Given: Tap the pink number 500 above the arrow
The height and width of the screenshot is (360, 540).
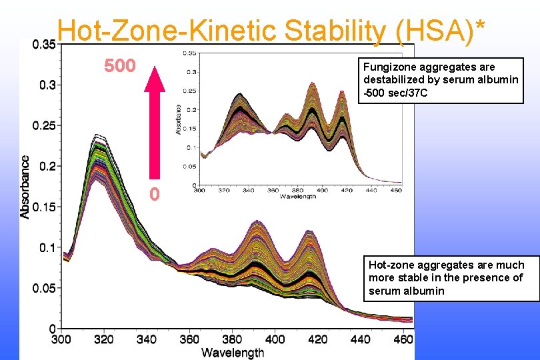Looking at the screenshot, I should (x=119, y=66).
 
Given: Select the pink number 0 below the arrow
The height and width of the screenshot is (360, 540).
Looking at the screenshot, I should (x=154, y=195).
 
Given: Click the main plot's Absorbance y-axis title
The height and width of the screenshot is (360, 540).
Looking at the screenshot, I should (x=25, y=187).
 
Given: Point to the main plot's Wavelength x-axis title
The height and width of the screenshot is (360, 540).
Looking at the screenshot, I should (x=233, y=353).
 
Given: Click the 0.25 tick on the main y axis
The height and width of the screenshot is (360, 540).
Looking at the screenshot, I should (x=45, y=125).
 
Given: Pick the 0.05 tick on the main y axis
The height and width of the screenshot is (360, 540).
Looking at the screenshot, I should (x=45, y=289).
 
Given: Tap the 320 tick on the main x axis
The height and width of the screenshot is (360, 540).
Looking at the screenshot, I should (x=103, y=339).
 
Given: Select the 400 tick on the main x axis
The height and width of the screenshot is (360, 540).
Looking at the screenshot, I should (x=275, y=339).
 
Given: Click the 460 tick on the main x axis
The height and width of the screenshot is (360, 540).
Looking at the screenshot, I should (x=403, y=339).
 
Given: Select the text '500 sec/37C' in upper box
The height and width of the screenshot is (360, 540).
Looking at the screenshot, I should (x=396, y=93).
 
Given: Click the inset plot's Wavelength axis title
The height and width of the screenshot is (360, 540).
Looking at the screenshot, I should (x=298, y=197).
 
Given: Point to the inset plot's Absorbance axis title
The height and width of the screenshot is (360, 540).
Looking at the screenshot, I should (x=179, y=119).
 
